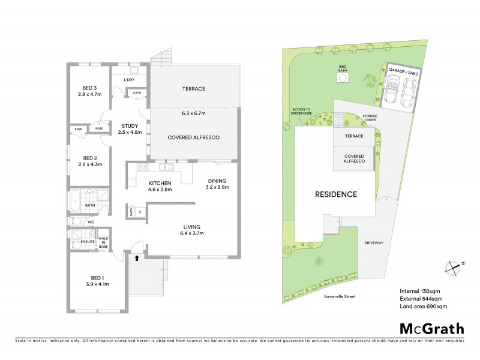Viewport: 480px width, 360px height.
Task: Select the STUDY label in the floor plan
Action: (130, 125)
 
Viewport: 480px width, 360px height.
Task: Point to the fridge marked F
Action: (140, 212)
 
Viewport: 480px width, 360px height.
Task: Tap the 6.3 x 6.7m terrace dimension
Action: (193, 113)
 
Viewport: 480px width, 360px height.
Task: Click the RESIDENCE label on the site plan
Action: (337, 194)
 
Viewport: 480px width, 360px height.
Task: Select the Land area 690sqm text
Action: (423, 307)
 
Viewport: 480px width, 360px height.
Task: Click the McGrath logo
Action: (431, 328)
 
